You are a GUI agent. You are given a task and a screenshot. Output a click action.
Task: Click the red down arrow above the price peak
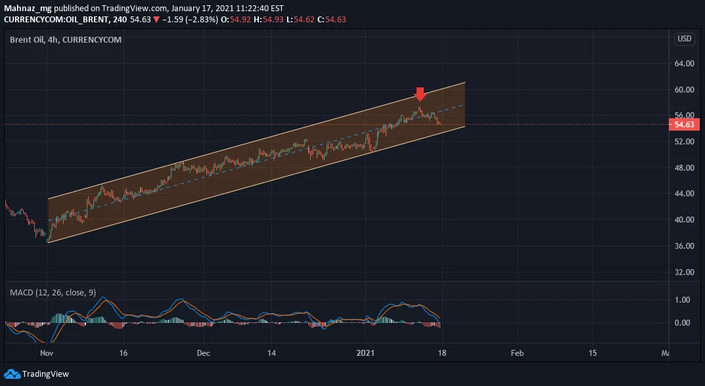tap(420, 94)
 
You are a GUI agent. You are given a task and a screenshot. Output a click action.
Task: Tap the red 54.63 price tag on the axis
tap(684, 125)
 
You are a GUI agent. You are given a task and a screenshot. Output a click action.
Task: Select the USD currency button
tap(685, 39)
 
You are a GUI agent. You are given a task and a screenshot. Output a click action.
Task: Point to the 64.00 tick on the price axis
tap(685, 64)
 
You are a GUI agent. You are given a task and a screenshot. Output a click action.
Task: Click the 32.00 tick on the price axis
tap(685, 272)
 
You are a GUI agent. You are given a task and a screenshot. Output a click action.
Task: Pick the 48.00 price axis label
tap(685, 167)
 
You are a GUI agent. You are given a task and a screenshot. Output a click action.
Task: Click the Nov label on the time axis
tap(47, 353)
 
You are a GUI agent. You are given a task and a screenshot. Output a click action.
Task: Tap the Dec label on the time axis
tap(203, 353)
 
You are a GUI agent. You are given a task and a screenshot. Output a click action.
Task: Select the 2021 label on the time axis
tap(365, 353)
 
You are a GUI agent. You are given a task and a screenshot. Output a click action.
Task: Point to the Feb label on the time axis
tap(517, 353)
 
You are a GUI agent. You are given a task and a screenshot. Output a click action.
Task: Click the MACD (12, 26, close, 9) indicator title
tap(53, 293)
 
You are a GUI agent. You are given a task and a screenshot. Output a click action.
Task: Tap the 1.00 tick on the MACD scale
tap(683, 300)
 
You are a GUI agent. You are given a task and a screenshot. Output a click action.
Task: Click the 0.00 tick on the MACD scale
tap(683, 322)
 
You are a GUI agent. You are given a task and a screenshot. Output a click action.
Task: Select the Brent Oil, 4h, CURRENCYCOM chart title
tap(66, 39)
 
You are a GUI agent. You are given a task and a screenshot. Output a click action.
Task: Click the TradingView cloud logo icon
tap(12, 374)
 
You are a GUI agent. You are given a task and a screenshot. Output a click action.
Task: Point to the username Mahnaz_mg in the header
tap(28, 9)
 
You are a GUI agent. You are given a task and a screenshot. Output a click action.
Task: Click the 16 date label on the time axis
tap(124, 353)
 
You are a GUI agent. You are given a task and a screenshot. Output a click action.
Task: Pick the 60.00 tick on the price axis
tap(685, 89)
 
